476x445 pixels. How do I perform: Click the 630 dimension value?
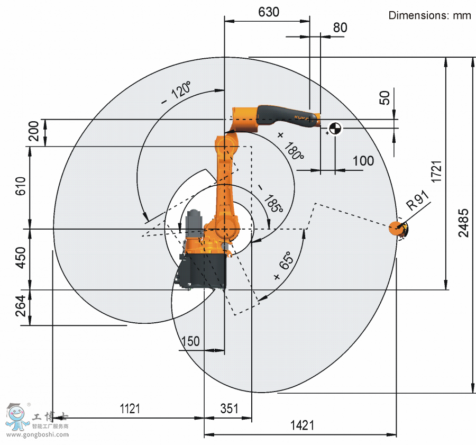click(269, 12)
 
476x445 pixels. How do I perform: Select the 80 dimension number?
click(340, 28)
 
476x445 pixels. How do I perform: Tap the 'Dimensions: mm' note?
click(429, 15)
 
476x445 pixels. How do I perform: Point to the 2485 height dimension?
click(463, 223)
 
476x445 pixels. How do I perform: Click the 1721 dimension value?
click(436, 171)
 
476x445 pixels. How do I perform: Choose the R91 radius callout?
click(418, 200)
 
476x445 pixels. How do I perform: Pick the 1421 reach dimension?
click(302, 425)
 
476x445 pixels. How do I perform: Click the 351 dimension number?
click(229, 408)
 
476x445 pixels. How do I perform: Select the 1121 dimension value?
click(130, 408)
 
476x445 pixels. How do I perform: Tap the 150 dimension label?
click(190, 341)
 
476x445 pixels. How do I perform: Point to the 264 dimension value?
click(21, 306)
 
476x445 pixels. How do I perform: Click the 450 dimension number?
click(21, 258)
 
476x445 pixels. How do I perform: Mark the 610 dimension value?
click(21, 186)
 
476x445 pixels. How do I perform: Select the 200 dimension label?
click(34, 131)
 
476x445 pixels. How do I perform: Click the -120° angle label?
click(176, 93)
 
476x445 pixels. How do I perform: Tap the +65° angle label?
click(284, 265)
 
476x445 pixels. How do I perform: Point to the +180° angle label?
click(290, 147)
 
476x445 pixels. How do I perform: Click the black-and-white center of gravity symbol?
click(335, 128)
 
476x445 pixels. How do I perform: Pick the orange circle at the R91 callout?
click(397, 228)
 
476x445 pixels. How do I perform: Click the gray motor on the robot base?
click(194, 224)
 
